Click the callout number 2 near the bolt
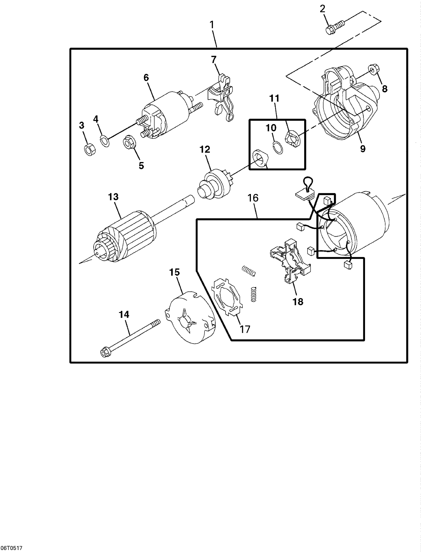(x=322, y=9)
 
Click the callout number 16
(x=253, y=198)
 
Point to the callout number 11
(x=274, y=99)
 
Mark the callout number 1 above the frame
(x=212, y=25)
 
